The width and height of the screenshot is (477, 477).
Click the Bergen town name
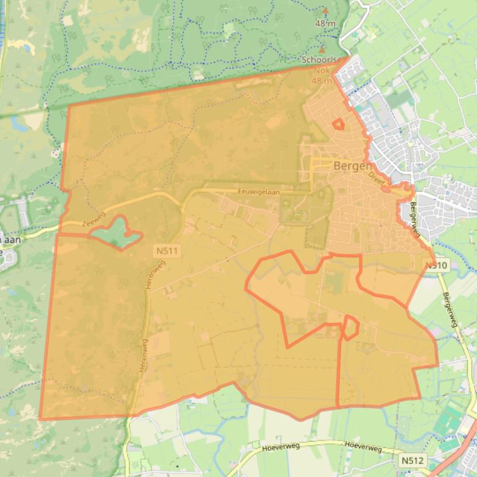point(353,166)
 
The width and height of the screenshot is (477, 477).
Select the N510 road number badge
point(436,266)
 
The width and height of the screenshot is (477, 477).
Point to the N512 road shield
point(412,460)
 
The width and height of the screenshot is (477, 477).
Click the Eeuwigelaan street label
point(259,193)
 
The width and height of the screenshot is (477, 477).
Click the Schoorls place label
point(319,60)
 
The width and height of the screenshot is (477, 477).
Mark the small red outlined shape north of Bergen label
point(338,125)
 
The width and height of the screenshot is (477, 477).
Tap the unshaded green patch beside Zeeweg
point(118,234)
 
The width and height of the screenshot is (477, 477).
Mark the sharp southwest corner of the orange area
point(40,419)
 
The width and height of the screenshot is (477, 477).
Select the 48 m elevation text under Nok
point(322,81)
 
